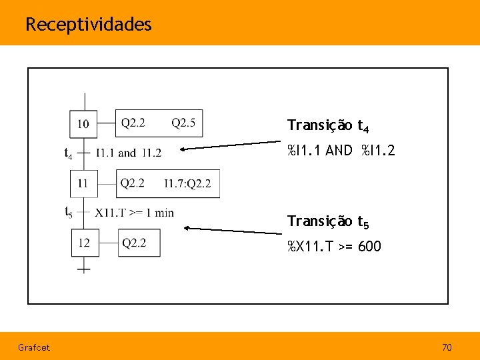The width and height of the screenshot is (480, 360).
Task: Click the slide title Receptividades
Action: point(89,25)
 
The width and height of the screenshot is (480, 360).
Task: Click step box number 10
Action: point(84,123)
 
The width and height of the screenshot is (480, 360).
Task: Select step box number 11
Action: point(84,183)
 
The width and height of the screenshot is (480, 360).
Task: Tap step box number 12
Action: point(85,243)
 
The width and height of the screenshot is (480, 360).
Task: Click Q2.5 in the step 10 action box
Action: point(183,123)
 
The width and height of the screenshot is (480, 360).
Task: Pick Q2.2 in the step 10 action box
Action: point(133,123)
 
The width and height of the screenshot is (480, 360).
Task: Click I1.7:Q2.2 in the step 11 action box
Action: point(187,183)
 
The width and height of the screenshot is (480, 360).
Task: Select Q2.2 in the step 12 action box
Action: point(134,243)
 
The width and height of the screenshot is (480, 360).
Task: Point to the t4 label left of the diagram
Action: point(69,153)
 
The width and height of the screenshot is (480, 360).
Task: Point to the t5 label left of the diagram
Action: point(69,213)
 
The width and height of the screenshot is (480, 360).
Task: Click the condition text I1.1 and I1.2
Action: point(129,153)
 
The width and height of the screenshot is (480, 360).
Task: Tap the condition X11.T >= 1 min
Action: point(134,213)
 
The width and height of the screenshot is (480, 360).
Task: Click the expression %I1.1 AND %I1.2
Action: point(341,151)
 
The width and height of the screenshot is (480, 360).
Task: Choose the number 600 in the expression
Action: point(369,247)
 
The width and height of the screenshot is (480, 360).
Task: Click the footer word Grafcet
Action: point(34,347)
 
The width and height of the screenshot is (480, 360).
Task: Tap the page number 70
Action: point(447,347)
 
